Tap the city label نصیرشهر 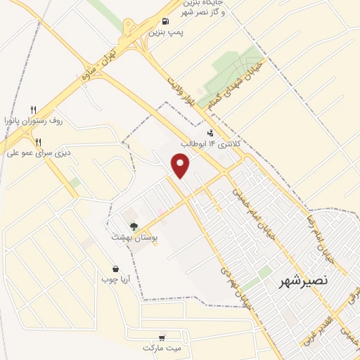[x=302, y=282]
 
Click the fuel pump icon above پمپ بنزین [x=165, y=21]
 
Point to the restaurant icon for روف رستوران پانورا [x=33, y=110]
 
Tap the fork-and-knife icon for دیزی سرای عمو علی [x=48, y=141]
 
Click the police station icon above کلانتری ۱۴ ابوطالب [x=210, y=132]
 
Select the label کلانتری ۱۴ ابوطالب [x=211, y=143]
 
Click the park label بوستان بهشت [x=131, y=237]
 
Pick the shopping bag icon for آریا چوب [x=116, y=269]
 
